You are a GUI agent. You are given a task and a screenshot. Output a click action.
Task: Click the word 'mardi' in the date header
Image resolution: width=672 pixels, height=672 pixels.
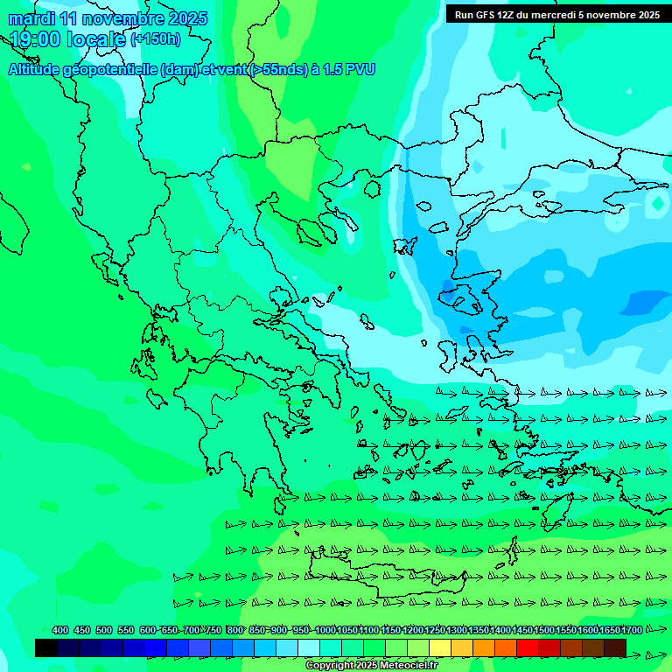[31, 18]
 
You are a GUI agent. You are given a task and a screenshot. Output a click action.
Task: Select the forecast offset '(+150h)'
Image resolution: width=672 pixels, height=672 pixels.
[156, 39]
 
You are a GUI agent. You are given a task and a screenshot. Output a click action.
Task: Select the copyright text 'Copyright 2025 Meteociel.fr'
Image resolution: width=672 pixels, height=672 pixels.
[372, 666]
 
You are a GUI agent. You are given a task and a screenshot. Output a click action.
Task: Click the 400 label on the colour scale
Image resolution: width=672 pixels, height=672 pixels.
[60, 631]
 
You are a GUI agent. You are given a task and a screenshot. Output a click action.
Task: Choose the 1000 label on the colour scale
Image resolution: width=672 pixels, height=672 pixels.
[325, 631]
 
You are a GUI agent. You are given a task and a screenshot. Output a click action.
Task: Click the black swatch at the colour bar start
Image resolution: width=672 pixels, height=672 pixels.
[46, 647]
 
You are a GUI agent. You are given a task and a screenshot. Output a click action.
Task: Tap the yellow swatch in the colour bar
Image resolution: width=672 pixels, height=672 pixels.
[440, 647]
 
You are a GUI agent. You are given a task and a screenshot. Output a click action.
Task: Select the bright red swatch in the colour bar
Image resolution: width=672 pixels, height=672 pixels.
[528, 647]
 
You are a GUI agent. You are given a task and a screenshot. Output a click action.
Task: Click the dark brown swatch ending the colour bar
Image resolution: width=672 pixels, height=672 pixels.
[615, 647]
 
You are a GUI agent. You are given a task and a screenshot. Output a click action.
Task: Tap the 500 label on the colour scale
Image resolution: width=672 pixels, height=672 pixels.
[104, 631]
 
